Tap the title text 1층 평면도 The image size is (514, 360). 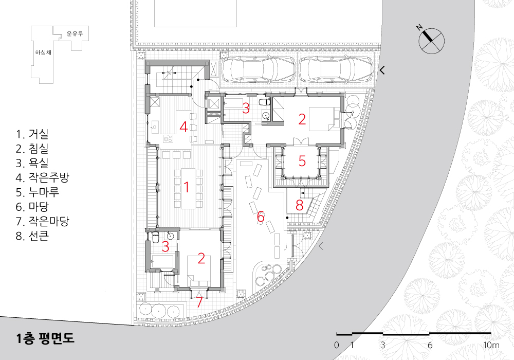click(45, 338)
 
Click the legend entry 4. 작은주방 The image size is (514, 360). click(42, 178)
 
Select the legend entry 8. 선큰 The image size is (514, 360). click(32, 236)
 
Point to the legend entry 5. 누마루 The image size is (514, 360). click(38, 192)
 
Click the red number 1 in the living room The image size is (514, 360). click(187, 187)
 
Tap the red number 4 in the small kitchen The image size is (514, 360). click(183, 127)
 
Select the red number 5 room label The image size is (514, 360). click(302, 161)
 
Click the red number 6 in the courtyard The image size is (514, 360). click(261, 217)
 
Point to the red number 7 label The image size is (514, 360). click(199, 302)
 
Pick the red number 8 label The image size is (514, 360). click(299, 205)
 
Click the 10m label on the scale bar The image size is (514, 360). click(491, 345)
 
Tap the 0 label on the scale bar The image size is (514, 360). click(336, 345)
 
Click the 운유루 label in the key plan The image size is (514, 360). click(75, 33)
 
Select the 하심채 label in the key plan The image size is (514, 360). click(43, 52)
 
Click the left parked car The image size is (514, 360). click(259, 68)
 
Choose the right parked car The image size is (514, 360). click(336, 68)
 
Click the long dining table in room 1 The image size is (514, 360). click(187, 189)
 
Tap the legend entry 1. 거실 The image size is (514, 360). click(32, 134)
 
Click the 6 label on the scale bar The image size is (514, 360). click(430, 345)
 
